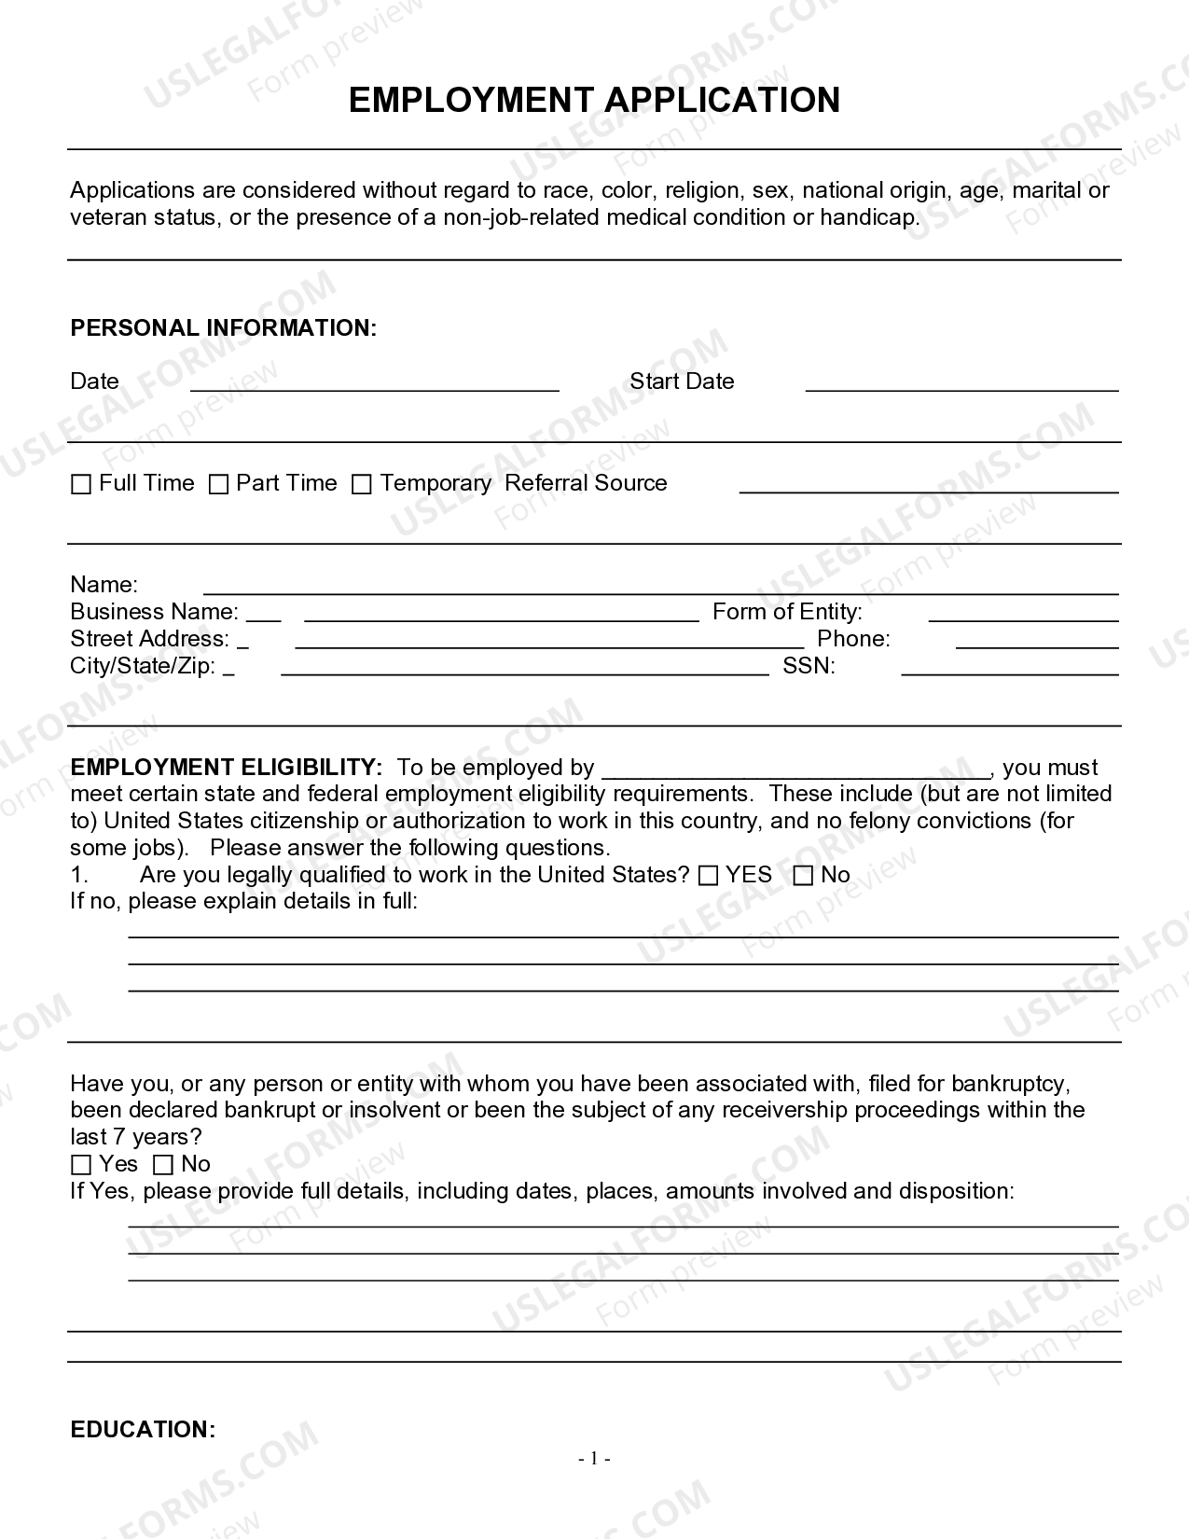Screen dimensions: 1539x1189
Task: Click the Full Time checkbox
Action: [81, 485]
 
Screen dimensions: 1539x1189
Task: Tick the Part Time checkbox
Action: [218, 485]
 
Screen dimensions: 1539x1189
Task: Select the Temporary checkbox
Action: [362, 485]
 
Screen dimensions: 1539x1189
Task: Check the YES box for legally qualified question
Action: [709, 876]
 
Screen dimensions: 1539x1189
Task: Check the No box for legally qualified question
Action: [804, 876]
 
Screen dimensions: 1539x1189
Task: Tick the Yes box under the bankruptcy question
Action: [81, 1165]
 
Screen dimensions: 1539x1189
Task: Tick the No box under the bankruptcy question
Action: [163, 1165]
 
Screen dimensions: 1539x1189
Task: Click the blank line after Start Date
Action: [961, 383]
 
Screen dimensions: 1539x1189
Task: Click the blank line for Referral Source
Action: [928, 485]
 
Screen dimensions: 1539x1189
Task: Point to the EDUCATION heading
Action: [143, 1430]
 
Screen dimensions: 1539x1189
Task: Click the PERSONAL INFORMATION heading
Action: [223, 328]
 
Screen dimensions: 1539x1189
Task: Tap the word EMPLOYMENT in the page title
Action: [471, 100]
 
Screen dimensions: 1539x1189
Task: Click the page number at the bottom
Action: [594, 1459]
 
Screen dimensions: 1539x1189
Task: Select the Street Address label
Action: [149, 639]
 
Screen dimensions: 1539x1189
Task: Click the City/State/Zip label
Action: [143, 666]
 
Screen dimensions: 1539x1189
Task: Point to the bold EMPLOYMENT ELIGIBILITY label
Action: [226, 768]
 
